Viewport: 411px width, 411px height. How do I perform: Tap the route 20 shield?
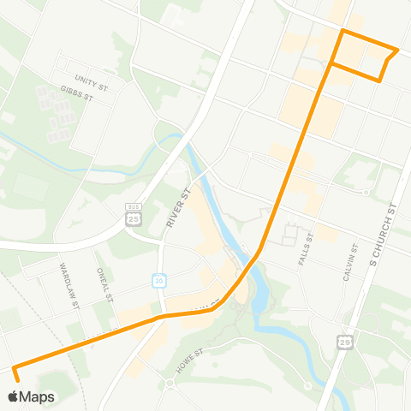coord(159,279)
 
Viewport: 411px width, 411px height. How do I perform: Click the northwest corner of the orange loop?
coord(342,32)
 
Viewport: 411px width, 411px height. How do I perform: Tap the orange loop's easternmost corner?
coord(398,50)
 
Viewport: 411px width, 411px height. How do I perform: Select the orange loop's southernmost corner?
coord(379,80)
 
